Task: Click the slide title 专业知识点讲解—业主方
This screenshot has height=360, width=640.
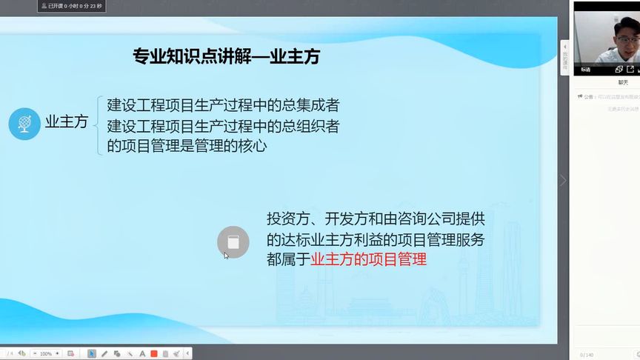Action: click(226, 56)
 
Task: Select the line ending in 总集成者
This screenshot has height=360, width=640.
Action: click(223, 104)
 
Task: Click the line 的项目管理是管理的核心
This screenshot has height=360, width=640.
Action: click(187, 146)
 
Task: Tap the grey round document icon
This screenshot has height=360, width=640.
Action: click(233, 241)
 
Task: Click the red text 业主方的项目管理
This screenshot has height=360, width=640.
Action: click(368, 260)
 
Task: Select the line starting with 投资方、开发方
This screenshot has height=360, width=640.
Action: click(376, 219)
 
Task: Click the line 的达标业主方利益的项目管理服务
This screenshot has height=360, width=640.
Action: click(376, 240)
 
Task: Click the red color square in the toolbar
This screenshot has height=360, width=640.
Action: click(154, 354)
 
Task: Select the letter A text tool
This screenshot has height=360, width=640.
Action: click(141, 354)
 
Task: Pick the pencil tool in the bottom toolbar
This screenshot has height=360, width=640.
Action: click(104, 354)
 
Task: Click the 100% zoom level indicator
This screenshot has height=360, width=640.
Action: click(46, 354)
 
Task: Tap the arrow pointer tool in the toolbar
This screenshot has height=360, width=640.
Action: click(92, 354)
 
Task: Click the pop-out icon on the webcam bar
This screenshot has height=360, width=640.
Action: click(630, 70)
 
